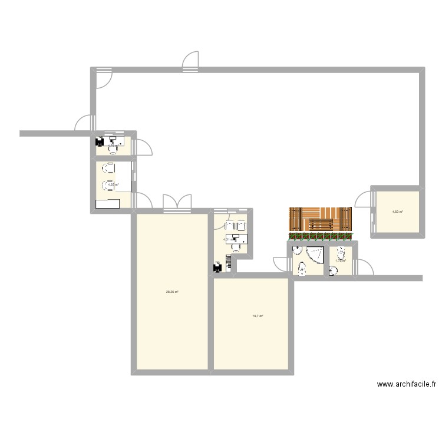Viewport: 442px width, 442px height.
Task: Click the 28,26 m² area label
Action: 172,292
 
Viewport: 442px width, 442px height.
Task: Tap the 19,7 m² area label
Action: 258,316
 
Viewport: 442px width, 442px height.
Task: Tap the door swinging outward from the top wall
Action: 191,61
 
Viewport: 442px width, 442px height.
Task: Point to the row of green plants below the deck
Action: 321,236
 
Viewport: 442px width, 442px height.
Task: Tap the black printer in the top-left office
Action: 100,142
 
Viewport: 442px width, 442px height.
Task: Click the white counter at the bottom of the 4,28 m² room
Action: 108,204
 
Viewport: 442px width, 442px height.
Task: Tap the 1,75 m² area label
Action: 341,260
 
